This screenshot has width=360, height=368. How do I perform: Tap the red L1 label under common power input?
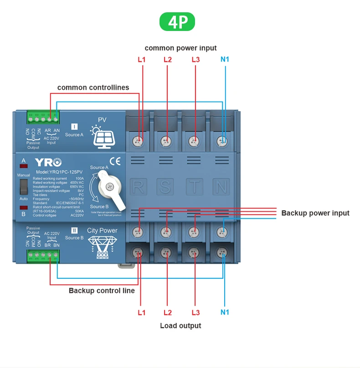coord(141,60)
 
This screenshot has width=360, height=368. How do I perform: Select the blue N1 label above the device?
coord(225,60)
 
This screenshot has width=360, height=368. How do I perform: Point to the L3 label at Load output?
coord(195,312)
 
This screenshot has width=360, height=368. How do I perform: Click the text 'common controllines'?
coord(93,87)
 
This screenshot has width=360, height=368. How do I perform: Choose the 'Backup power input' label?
coord(315,213)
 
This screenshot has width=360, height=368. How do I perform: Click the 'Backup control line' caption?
coord(102,291)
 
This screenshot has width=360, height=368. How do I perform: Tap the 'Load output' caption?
coord(180,326)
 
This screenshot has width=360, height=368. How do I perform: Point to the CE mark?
coord(115,161)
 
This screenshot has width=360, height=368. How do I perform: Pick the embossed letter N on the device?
coord(221,186)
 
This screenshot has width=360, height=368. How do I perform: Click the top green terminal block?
coord(43,119)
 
